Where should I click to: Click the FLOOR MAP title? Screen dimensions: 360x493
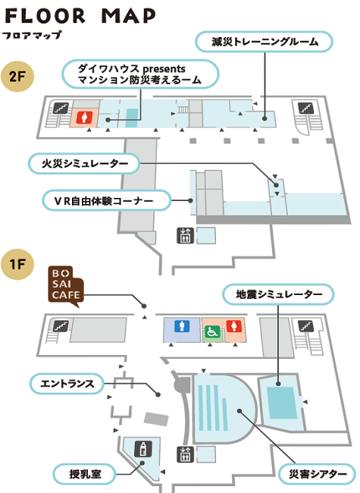(x=80, y=16)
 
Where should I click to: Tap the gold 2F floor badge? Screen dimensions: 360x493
(x=17, y=77)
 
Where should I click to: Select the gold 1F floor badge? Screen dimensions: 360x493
(x=17, y=264)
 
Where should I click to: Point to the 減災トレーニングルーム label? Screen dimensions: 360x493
(x=264, y=42)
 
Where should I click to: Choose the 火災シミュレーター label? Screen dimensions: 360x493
(x=84, y=164)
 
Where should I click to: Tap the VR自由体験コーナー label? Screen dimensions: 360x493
(x=107, y=200)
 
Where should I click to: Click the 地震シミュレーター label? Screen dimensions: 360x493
(x=278, y=294)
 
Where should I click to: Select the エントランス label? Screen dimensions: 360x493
(x=67, y=384)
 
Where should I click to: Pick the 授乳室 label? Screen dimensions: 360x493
(x=85, y=474)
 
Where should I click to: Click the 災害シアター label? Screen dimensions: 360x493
(x=318, y=474)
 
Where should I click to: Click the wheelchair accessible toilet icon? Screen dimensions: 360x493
(x=211, y=331)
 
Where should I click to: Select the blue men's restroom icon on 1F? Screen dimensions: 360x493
(x=182, y=326)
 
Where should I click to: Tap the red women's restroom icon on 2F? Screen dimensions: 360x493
(x=84, y=118)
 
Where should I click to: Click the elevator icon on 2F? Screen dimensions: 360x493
(x=185, y=235)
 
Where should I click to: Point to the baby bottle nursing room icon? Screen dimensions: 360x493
(x=143, y=449)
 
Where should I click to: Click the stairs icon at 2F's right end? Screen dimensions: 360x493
(x=305, y=108)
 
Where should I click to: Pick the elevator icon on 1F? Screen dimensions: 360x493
(x=185, y=454)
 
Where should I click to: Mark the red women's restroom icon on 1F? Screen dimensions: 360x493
(x=233, y=326)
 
